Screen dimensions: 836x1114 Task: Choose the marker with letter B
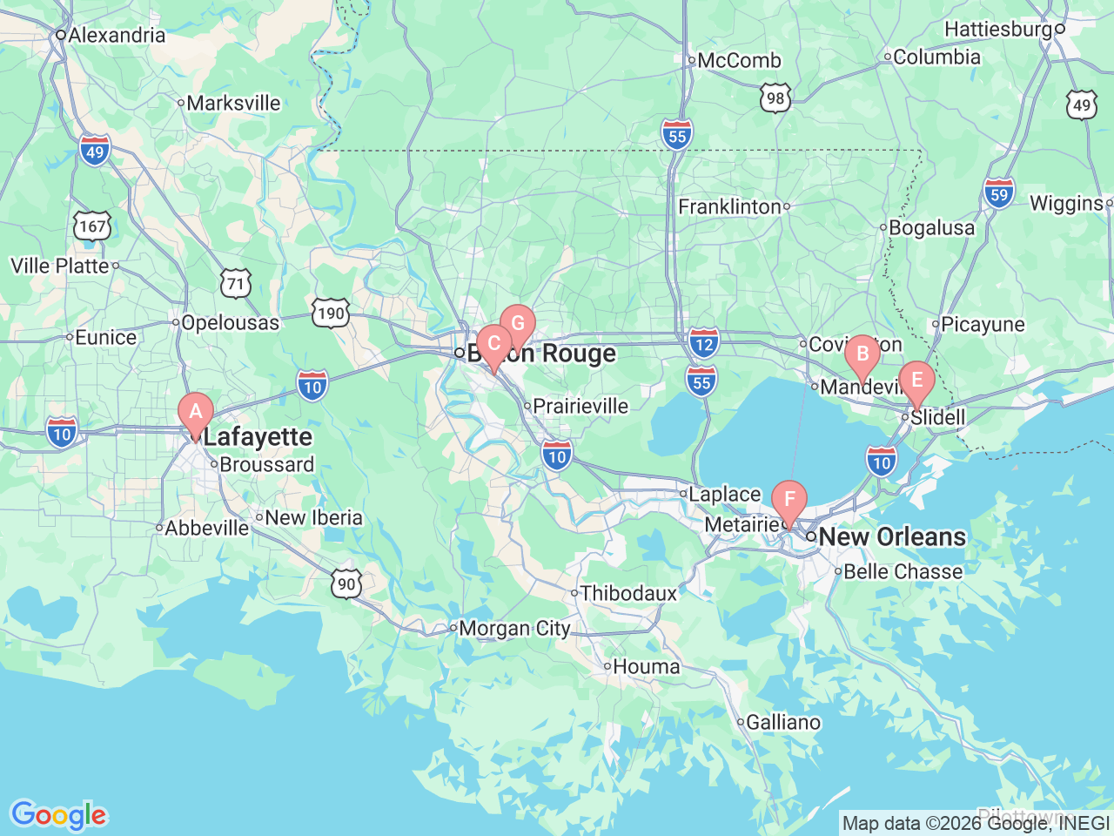pos(862,354)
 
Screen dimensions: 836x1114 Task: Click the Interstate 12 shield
pos(704,344)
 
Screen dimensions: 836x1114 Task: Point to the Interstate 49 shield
pos(95,152)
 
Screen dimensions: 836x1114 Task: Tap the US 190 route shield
pos(331,313)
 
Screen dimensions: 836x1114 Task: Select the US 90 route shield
pos(346,583)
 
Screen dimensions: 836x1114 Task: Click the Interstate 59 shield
pos(999,194)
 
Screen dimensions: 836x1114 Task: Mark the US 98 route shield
pos(775,98)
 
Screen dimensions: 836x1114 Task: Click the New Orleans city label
pos(892,536)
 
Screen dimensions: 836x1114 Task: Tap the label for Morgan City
pos(514,628)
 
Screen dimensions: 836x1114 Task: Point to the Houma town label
pos(646,666)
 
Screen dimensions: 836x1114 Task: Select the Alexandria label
pos(116,35)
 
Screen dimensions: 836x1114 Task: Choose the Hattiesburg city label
pos(998,29)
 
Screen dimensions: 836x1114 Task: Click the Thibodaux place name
pos(628,593)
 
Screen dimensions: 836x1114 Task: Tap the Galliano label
pos(783,722)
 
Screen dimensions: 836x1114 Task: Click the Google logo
pos(58,815)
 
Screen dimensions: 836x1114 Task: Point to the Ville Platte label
pos(60,266)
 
